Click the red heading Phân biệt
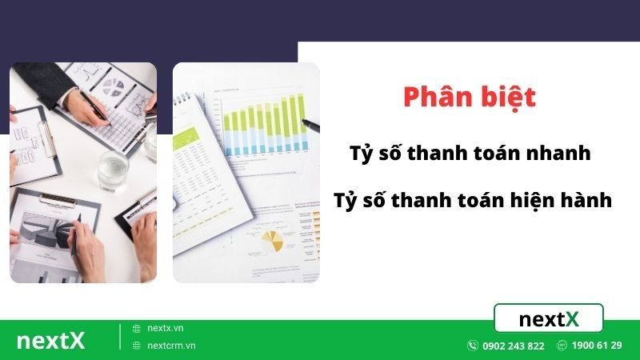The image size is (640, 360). coord(469,98)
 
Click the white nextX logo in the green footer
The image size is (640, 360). coord(50,340)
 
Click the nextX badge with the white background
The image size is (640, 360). coord(549,319)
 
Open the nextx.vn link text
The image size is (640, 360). coord(166,328)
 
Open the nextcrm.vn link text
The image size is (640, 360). coord(171,346)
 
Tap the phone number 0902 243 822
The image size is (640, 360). coord(513,346)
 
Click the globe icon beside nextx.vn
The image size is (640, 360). coord(137,328)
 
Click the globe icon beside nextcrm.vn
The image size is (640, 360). coord(137,346)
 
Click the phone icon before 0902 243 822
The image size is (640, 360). coord(473,346)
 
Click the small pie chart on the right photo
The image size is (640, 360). coord(275,238)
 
